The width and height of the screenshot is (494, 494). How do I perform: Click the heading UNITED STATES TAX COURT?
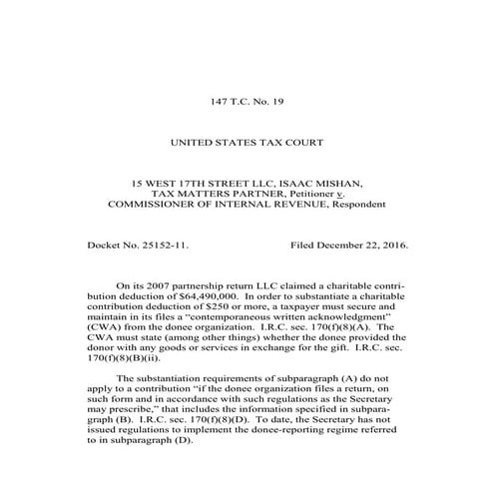247,144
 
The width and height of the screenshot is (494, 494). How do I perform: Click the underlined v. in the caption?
340,194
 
